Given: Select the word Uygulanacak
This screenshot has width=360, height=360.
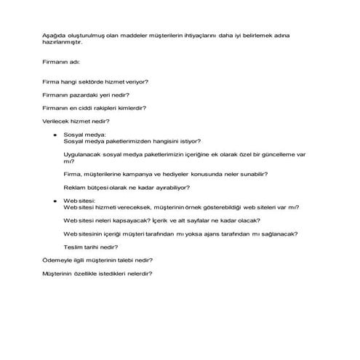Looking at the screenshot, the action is (81, 155).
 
